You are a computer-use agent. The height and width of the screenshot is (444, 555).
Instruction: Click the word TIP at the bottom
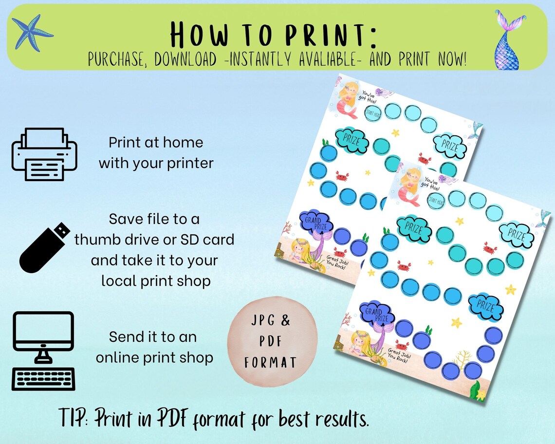coord(72,418)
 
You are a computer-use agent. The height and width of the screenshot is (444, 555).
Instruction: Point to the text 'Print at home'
coord(156,143)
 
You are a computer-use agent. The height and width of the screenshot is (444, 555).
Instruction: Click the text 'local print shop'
coord(156,280)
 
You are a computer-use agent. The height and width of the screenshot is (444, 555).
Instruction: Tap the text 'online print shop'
coord(154,357)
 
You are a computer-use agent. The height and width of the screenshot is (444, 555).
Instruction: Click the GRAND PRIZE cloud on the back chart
coord(315,222)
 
